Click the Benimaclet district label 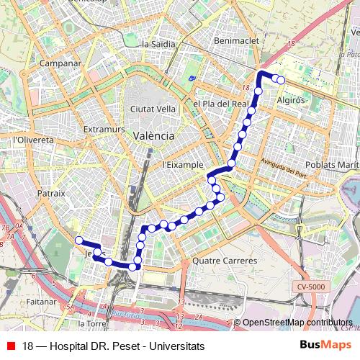[x=237, y=41]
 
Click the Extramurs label [x=99, y=130]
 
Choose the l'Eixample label [x=183, y=164]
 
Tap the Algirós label [x=292, y=101]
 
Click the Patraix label [x=51, y=193]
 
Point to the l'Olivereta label [x=34, y=140]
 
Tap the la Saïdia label [x=159, y=44]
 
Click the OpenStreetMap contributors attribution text [x=297, y=323]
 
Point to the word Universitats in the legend [x=173, y=346]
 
